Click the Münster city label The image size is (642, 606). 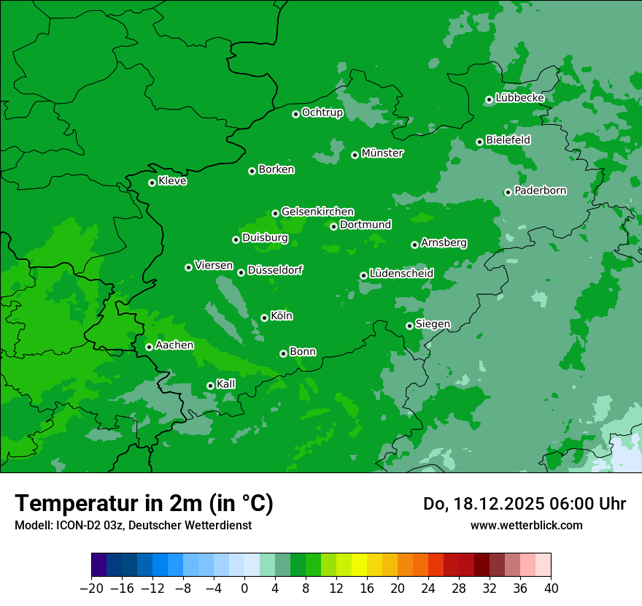(x=382, y=153)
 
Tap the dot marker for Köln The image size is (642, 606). (x=264, y=318)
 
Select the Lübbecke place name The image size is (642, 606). (x=519, y=98)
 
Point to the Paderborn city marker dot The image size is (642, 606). (x=508, y=192)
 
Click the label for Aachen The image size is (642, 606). (x=174, y=345)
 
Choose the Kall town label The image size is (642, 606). (x=226, y=384)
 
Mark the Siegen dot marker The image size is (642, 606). (x=409, y=326)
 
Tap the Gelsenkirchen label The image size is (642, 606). (x=317, y=212)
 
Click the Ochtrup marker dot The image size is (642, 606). (x=295, y=114)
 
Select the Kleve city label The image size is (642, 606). (x=172, y=181)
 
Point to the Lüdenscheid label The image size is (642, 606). (x=401, y=274)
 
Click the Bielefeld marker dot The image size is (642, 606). (x=479, y=142)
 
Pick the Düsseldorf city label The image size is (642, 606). (x=275, y=271)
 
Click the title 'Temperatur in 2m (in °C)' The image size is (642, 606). (x=144, y=504)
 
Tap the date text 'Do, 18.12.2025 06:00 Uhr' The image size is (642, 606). (x=525, y=504)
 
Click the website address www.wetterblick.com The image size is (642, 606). (x=526, y=525)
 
